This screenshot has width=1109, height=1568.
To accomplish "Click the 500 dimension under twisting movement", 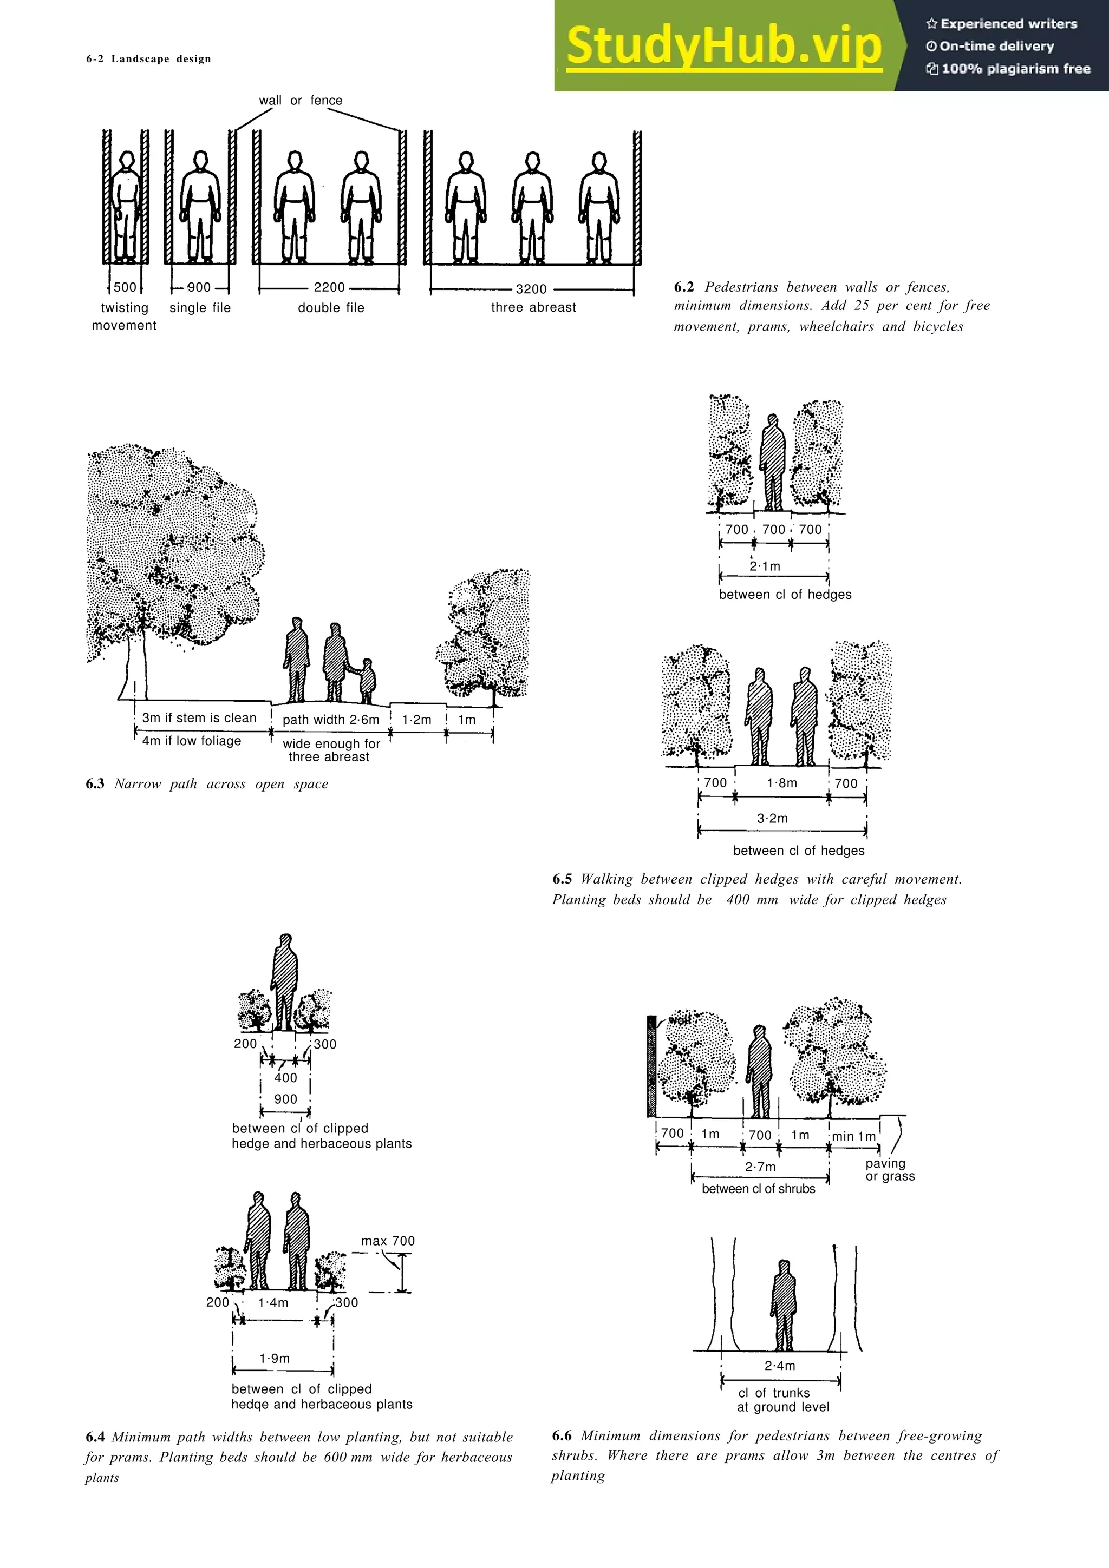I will (125, 287).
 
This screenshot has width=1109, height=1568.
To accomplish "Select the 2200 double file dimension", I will (329, 287).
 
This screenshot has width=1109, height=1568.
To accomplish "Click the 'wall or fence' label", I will (301, 101).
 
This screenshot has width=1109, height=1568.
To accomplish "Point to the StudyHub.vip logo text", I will (723, 46).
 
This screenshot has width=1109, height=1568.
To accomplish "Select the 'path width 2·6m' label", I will (331, 720).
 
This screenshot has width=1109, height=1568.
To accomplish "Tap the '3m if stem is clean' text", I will (199, 718).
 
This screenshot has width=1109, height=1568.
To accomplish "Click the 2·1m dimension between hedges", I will (765, 566).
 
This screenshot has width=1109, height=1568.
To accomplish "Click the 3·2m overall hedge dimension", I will (772, 818).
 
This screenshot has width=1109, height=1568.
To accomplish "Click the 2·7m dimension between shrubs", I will (760, 1167).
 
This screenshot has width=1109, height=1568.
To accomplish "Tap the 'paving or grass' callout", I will (890, 1169).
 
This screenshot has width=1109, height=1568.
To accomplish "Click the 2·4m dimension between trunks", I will (780, 1366).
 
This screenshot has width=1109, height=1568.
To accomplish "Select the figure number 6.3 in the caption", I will (95, 784).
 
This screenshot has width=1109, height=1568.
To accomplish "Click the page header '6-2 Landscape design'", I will (148, 59).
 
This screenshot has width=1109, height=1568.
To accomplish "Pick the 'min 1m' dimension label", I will (853, 1136).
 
